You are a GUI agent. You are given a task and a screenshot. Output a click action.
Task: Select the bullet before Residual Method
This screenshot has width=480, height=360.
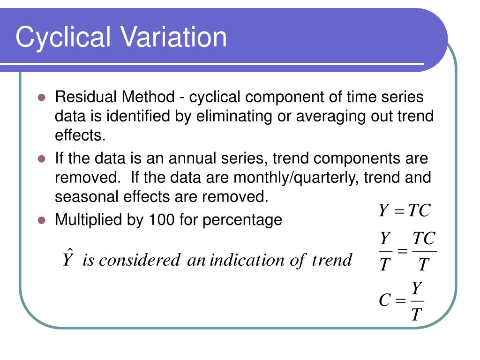point(41,98)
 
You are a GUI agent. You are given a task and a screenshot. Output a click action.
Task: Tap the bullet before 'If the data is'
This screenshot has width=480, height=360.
point(41,159)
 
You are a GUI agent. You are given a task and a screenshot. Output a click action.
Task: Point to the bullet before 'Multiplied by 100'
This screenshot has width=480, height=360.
point(41,220)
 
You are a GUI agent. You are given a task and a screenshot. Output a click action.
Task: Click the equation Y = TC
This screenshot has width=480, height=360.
point(404,210)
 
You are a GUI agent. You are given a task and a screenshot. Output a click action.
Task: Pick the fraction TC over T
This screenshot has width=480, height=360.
point(424,252)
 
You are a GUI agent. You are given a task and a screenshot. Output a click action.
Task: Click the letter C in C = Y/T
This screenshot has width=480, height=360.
point(384,300)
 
